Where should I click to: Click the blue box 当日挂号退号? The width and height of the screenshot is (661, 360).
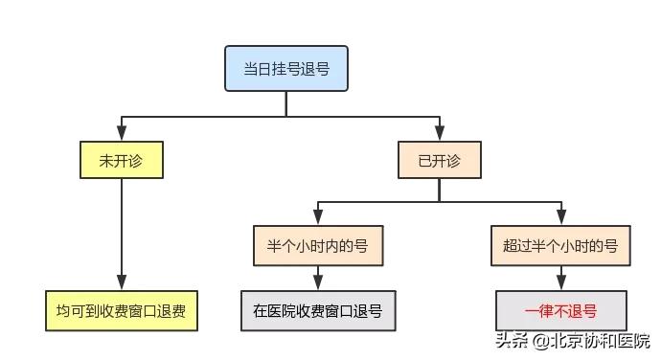pos(285,69)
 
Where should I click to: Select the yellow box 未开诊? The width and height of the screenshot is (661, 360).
pos(121,160)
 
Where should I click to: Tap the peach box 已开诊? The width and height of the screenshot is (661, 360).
pos(439,160)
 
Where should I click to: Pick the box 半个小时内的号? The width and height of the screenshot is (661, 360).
pos(317,246)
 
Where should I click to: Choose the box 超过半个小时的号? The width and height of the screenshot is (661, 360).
pos(560,246)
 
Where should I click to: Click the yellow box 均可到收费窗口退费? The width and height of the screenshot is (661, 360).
pos(121,311)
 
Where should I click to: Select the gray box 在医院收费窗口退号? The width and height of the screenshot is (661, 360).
pos(317,311)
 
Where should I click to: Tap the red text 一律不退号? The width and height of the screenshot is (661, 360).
pos(560,312)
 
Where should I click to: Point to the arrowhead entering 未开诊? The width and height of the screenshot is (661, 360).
pos(121,135)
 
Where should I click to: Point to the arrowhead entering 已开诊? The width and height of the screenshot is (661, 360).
pos(439,135)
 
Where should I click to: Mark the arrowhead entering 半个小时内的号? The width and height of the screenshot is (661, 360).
pos(317,219)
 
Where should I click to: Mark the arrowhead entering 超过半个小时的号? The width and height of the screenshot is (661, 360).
pos(560,219)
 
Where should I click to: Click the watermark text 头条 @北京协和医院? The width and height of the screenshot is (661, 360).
pos(572,341)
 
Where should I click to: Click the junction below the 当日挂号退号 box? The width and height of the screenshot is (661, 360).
pos(285,117)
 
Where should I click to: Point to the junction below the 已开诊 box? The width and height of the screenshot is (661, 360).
pos(439,202)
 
